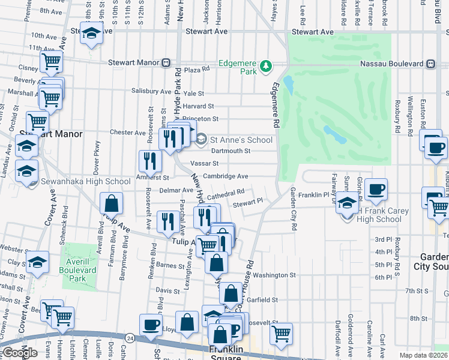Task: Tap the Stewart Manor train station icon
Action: click(171, 62)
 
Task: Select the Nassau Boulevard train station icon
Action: click(430, 62)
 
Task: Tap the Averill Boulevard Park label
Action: click(81, 271)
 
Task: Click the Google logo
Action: click(20, 353)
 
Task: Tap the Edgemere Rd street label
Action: click(277, 104)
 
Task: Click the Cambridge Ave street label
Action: click(225, 176)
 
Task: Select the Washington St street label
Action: click(274, 275)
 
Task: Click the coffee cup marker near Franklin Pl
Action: click(376, 190)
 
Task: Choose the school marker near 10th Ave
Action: click(91, 33)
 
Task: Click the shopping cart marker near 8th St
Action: click(280, 333)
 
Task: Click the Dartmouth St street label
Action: click(230, 151)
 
